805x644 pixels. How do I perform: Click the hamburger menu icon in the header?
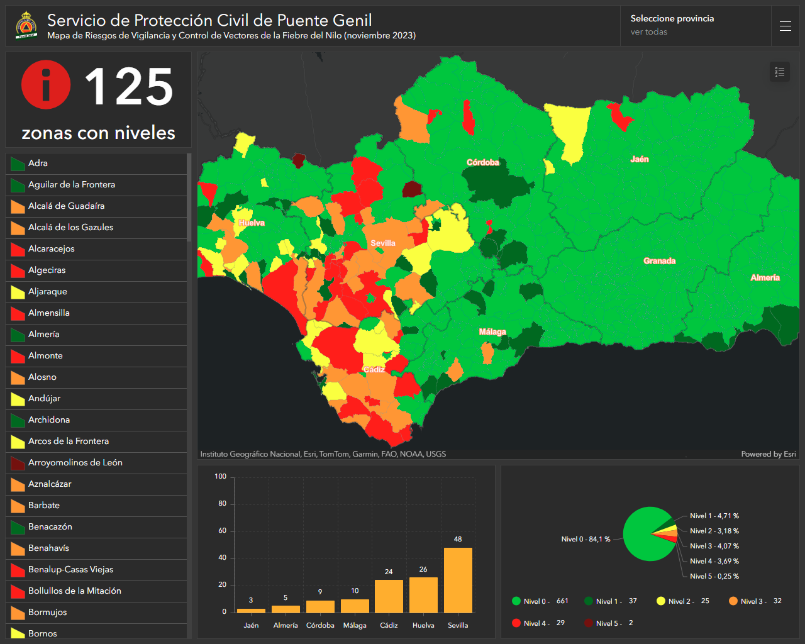click(785, 26)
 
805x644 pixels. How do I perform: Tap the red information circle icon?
click(46, 84)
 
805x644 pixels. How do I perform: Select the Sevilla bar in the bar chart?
click(458, 580)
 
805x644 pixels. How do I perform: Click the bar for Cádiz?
click(389, 596)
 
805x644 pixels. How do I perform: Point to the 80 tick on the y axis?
click(222, 504)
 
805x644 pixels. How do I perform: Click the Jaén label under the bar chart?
click(251, 625)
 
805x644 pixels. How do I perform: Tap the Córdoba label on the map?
click(482, 162)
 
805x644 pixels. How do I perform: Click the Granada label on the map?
click(660, 261)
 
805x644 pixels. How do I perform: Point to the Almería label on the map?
click(765, 277)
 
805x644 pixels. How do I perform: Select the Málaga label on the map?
click(492, 332)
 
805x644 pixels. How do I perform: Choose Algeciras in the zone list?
click(47, 270)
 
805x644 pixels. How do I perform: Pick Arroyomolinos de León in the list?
click(75, 462)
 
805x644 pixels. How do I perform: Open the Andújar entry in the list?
click(44, 399)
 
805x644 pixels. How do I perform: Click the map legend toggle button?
click(780, 72)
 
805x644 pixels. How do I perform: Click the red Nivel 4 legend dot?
click(516, 623)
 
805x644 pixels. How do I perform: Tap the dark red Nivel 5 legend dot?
click(589, 623)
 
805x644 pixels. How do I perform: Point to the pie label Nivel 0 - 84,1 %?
click(586, 539)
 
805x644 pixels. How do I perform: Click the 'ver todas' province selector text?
click(648, 32)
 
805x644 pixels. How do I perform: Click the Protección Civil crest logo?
click(26, 25)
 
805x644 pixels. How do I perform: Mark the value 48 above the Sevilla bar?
click(458, 539)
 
